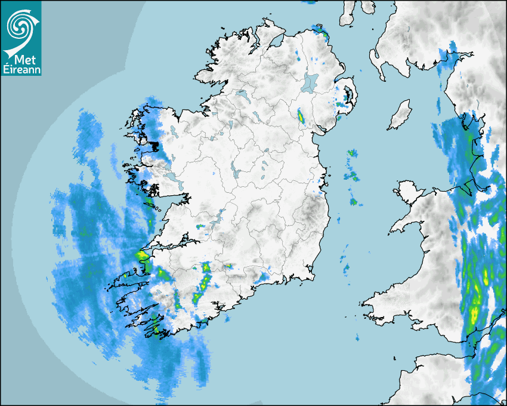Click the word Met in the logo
pyautogui.click(x=21, y=60)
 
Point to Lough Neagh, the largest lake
pyautogui.click(x=310, y=82)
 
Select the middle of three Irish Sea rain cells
pyautogui.click(x=353, y=176)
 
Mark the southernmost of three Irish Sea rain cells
pyautogui.click(x=353, y=202)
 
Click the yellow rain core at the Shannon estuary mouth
pyautogui.click(x=142, y=256)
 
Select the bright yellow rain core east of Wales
pyautogui.click(x=475, y=313)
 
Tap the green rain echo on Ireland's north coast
pyautogui.click(x=322, y=30)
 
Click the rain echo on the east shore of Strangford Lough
pyautogui.click(x=348, y=95)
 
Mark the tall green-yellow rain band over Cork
pyautogui.click(x=205, y=281)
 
